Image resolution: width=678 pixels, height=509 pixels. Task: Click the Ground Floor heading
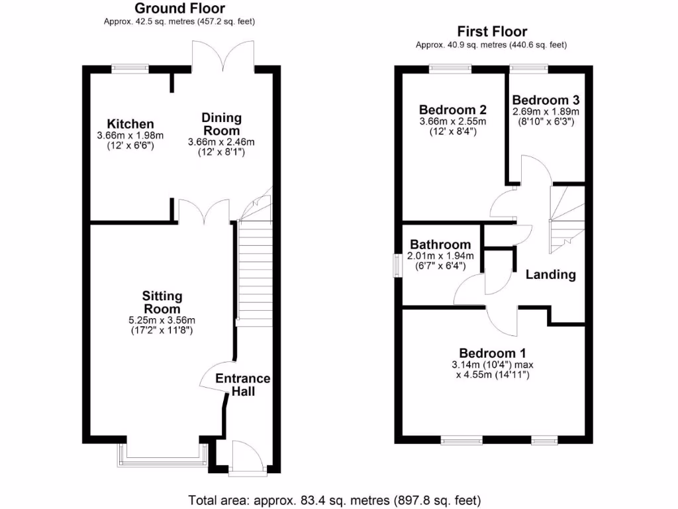(179, 9)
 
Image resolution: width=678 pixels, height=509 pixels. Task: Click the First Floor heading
(491, 32)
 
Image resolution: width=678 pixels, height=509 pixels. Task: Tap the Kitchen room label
(130, 124)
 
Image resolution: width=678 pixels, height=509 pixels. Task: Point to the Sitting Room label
(162, 302)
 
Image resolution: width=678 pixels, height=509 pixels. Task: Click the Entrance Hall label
(243, 385)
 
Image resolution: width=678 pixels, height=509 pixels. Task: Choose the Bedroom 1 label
(492, 353)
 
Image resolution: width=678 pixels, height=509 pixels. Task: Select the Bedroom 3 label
(546, 100)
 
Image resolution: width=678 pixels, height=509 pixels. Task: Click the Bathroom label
(440, 245)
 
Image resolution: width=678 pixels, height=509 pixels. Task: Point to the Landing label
(551, 274)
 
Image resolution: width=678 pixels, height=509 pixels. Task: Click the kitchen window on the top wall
(130, 67)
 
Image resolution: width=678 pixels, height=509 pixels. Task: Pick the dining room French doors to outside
(222, 56)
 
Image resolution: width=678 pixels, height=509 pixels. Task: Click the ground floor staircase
(254, 272)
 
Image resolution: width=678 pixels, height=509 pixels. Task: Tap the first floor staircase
(566, 219)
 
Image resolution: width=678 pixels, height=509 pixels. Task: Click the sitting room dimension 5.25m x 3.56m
(162, 320)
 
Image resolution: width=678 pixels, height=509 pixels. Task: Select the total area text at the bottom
(334, 500)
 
